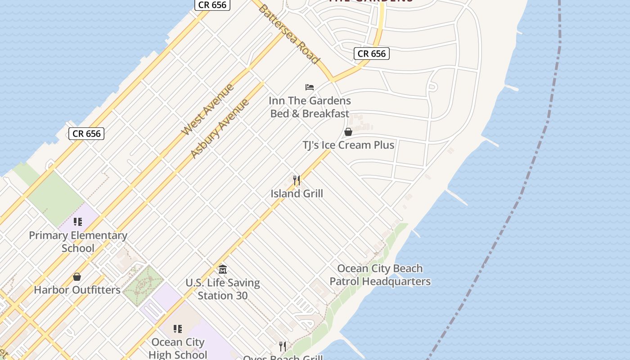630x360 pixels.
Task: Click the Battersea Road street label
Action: pos(288,34)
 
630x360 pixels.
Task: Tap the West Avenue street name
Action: pos(207,109)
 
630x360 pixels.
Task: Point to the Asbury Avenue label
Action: pos(220,128)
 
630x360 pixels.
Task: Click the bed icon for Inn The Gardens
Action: pos(309,87)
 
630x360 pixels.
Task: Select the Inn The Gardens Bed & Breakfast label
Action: pos(310,107)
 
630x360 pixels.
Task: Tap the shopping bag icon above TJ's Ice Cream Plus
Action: pos(348,132)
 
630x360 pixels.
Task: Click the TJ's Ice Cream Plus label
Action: pos(348,145)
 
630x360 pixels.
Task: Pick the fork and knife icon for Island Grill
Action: pos(296,180)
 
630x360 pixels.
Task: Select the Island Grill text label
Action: pos(297,193)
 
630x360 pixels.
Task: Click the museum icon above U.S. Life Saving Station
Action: pos(222,270)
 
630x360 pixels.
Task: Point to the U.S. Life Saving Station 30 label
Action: pos(223,289)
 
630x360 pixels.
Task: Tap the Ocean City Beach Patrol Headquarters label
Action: pos(380,275)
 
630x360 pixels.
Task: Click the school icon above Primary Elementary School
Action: pos(77,222)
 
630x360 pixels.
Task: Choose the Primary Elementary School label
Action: pos(78,242)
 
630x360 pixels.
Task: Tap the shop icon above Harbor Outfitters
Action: pos(77,277)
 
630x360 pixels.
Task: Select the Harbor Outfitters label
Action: pos(77,290)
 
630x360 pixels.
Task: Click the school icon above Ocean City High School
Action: pos(177,329)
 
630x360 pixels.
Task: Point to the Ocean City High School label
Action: pos(178,348)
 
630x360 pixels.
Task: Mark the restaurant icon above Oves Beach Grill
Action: pos(282,346)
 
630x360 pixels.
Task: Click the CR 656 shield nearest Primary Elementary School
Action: pos(86,134)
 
